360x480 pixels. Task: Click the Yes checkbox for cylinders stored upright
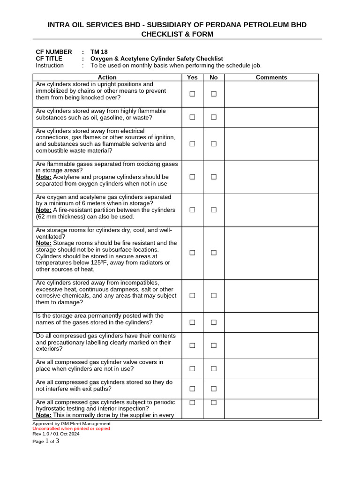coord(192,94)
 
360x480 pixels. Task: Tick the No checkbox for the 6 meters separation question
coord(214,210)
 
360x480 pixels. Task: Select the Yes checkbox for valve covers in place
coord(192,369)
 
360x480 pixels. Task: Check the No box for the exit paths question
coord(214,389)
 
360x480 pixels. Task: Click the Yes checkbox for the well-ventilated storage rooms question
coord(192,253)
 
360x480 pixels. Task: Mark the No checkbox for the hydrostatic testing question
coord(214,403)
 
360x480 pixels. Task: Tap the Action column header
coord(107,77)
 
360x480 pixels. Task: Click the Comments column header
coord(271,77)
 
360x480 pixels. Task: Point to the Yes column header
coord(192,77)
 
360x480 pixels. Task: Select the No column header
coord(214,77)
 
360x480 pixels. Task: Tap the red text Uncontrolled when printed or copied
coord(71,428)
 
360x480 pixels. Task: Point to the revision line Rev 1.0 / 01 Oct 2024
coord(56,434)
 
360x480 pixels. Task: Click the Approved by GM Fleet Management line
coord(71,423)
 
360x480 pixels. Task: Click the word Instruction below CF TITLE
coord(50,65)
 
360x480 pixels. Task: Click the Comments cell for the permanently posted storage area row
coord(271,322)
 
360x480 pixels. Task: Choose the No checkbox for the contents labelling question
coord(214,345)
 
